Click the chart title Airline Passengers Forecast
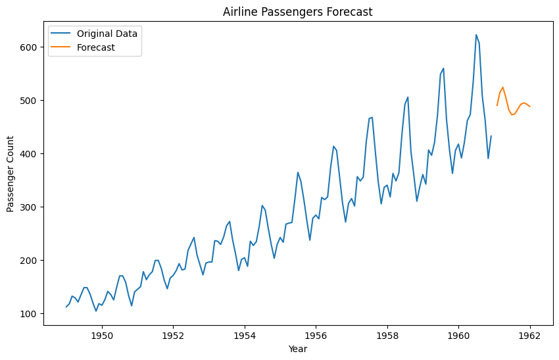pos(297,12)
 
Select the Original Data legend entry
pos(106,33)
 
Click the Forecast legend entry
pos(95,47)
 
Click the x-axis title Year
pos(297,349)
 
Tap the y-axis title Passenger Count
pos(11,174)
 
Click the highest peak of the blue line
pos(476,35)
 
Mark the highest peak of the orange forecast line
pos(502,87)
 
